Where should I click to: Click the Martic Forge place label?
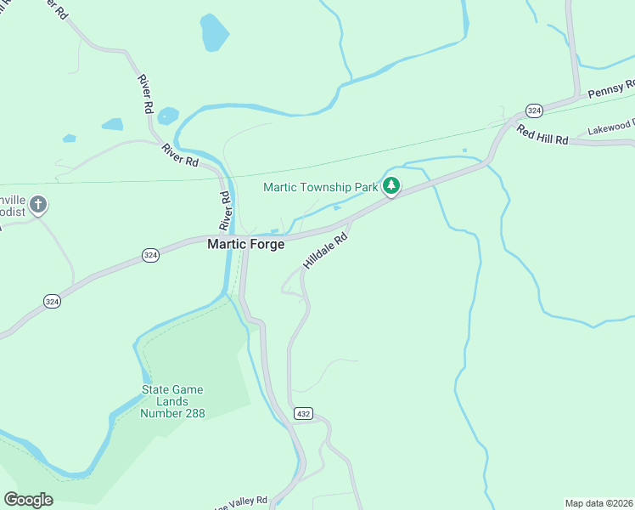click(x=246, y=244)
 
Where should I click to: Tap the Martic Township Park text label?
click(x=319, y=187)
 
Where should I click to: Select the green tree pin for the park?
click(x=391, y=185)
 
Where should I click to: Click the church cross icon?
click(x=37, y=204)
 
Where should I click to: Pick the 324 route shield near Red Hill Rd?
click(x=533, y=110)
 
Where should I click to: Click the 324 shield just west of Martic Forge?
click(x=149, y=256)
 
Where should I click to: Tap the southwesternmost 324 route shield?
click(x=52, y=301)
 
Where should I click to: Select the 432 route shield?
click(x=304, y=413)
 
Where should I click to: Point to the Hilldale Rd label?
click(x=326, y=252)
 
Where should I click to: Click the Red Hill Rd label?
click(x=542, y=135)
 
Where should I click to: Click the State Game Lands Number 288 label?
click(x=172, y=401)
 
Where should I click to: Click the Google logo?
click(x=28, y=499)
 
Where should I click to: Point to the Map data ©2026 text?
click(x=598, y=503)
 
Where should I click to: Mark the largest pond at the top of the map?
click(x=214, y=32)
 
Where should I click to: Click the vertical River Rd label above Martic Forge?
click(x=226, y=211)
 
